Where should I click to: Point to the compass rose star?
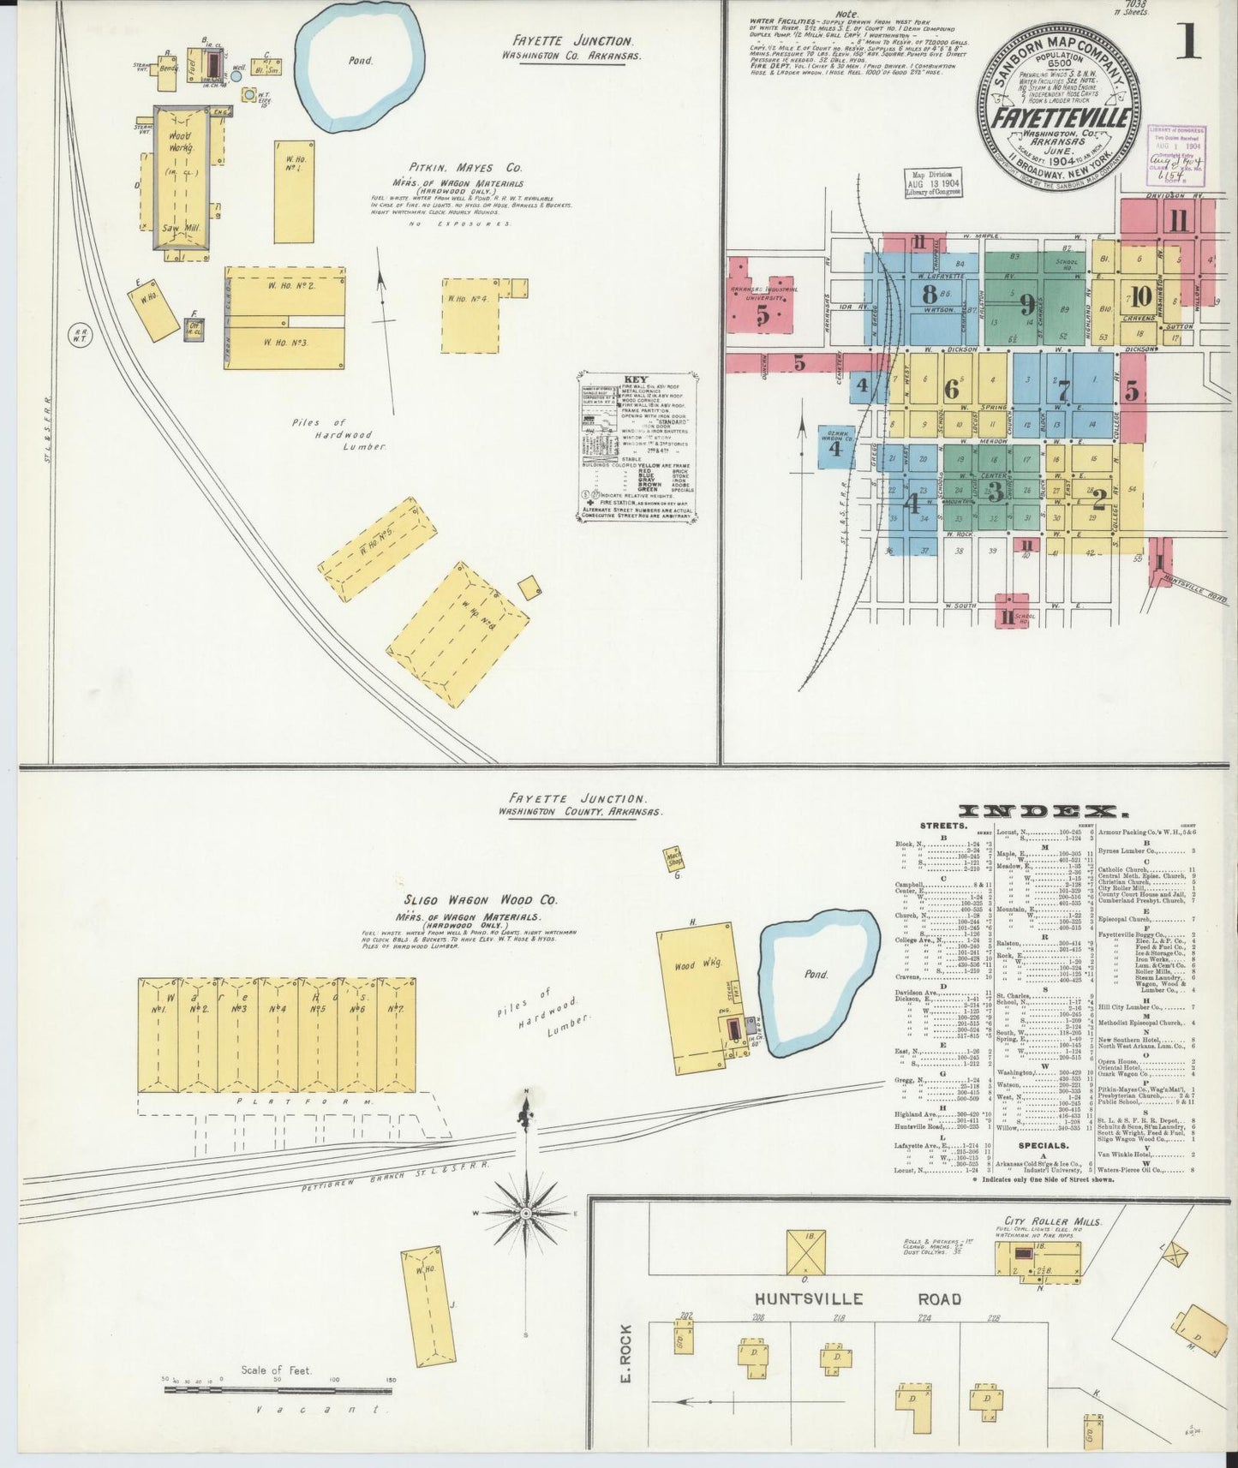pyautogui.click(x=525, y=1214)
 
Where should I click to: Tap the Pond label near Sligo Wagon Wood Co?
pyautogui.click(x=816, y=974)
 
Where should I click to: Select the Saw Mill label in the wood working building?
pyautogui.click(x=179, y=229)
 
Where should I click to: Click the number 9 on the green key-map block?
pyautogui.click(x=1026, y=304)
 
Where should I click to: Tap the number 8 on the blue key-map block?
pyautogui.click(x=929, y=294)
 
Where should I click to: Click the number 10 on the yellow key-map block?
pyautogui.click(x=1139, y=297)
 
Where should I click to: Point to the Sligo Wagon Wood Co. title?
pyautogui.click(x=481, y=900)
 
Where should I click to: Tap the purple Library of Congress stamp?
pyautogui.click(x=1176, y=154)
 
